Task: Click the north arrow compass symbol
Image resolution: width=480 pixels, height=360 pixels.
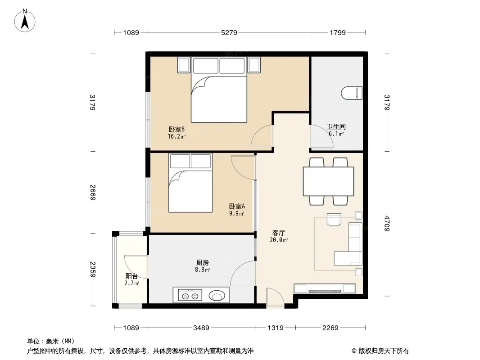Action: tap(25, 20)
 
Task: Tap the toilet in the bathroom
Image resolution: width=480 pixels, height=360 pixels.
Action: tap(351, 93)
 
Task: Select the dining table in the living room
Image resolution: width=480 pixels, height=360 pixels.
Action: tap(328, 181)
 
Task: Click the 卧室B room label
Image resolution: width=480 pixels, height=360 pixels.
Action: tap(177, 130)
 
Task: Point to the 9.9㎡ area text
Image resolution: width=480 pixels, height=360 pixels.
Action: tap(237, 213)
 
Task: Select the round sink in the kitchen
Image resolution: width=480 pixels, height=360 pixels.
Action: tap(217, 296)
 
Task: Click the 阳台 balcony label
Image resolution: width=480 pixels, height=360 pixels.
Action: tap(131, 276)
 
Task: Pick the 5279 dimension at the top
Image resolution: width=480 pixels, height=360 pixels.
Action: tap(229, 32)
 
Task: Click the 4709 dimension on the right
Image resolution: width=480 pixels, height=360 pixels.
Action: tap(387, 224)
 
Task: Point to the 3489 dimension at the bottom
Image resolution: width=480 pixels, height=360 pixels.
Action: tap(201, 328)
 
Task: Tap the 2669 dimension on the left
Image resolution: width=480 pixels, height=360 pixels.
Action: tap(93, 193)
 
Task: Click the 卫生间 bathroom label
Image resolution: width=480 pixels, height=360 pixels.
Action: tap(336, 126)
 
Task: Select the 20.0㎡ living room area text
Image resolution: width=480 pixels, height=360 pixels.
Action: tap(279, 240)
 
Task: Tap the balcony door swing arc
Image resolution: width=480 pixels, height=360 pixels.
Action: tap(132, 265)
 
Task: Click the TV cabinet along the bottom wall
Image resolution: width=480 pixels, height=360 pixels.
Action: tap(325, 288)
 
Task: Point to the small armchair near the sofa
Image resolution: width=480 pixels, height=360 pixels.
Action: tap(334, 219)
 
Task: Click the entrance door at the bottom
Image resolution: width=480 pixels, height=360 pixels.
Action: tap(275, 297)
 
